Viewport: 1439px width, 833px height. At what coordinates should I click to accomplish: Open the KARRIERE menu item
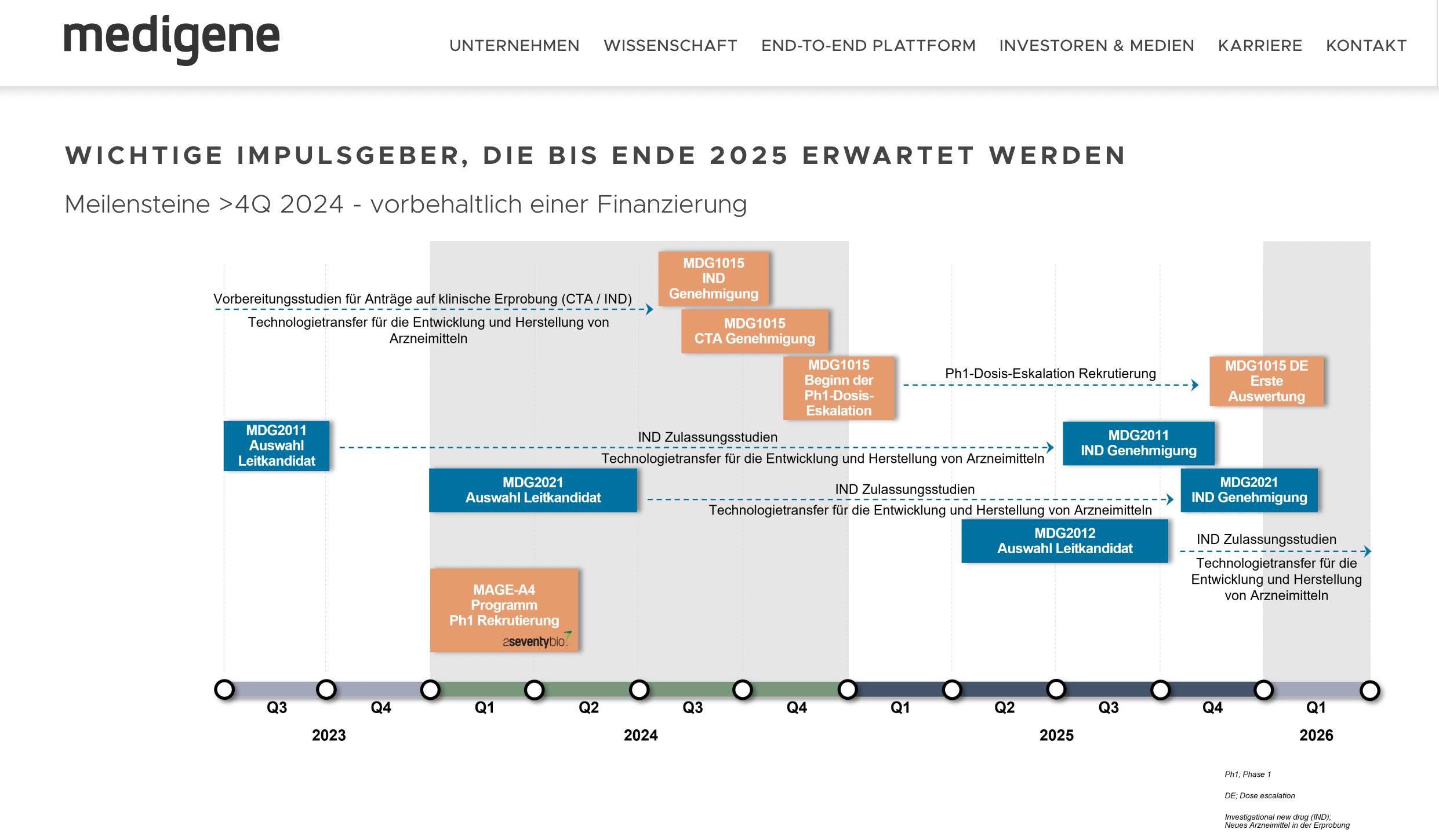(x=1260, y=46)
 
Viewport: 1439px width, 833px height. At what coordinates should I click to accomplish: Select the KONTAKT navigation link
(x=1366, y=46)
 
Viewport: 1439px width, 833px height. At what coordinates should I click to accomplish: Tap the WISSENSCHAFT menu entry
(x=670, y=46)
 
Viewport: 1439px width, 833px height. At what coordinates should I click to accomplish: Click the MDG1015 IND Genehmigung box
(x=713, y=279)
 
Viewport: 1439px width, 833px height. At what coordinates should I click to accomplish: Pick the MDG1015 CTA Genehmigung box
(x=754, y=331)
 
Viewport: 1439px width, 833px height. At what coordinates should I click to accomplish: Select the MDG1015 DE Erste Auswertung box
(x=1266, y=381)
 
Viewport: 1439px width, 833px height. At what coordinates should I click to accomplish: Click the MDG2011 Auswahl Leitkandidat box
(x=277, y=445)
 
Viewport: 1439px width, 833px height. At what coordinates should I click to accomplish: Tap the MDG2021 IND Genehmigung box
(x=1249, y=490)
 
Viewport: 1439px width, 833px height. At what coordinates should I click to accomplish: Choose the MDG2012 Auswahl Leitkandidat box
(x=1064, y=541)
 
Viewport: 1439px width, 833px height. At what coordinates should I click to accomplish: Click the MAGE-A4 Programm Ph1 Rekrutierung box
(x=504, y=605)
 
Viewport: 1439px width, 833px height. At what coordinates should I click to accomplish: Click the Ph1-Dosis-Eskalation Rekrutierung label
(x=1050, y=374)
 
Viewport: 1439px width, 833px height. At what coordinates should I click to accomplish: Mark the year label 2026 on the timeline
(x=1316, y=735)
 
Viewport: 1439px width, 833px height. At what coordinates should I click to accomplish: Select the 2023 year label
(x=329, y=735)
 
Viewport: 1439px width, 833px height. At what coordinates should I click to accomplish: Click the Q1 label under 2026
(x=1316, y=707)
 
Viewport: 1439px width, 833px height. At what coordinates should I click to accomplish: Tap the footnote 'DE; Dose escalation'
(x=1259, y=796)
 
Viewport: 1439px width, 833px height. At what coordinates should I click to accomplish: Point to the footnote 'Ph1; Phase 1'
(x=1247, y=774)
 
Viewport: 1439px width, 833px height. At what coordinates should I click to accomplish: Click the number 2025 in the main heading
(x=748, y=156)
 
